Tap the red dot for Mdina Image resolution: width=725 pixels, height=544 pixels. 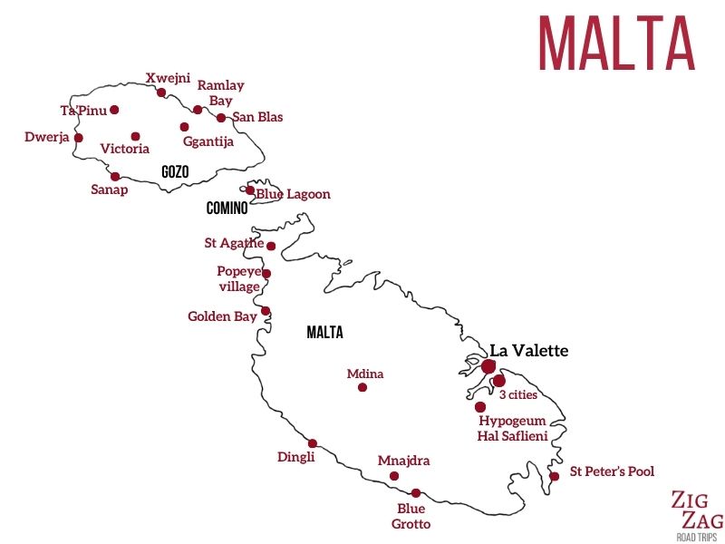362,387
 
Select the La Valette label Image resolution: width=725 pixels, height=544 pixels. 529,351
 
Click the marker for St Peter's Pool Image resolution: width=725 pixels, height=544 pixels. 554,476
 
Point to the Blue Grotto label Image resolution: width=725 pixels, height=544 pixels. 411,516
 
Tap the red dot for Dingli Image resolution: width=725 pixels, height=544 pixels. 313,443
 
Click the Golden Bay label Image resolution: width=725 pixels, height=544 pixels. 222,316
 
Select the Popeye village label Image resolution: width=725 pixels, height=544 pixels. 238,278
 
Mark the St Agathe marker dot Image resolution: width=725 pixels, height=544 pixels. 271,246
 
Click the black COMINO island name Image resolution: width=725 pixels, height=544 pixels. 227,209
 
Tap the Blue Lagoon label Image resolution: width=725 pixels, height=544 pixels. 293,194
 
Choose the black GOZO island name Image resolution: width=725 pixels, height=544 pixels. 175,171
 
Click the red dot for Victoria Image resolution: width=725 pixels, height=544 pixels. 135,137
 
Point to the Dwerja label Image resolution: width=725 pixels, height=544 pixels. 47,138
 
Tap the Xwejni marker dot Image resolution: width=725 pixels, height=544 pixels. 161,92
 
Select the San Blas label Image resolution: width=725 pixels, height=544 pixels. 257,117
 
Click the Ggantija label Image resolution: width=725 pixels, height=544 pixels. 208,141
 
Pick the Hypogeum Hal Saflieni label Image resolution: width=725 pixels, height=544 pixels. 512,428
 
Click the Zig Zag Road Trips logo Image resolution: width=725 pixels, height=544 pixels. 697,513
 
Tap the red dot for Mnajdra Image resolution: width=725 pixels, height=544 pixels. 394,476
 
